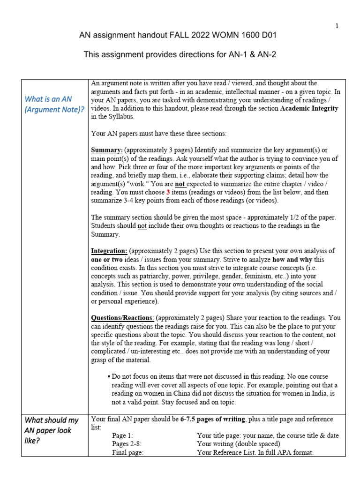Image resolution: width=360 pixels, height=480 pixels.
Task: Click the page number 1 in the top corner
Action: point(336,26)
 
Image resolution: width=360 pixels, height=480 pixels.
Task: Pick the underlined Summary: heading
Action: point(107,150)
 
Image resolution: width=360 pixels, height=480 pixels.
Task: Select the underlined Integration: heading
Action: point(109,251)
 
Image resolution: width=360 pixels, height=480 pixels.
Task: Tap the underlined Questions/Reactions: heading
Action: point(122,318)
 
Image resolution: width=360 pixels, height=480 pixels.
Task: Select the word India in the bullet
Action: point(325,394)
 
